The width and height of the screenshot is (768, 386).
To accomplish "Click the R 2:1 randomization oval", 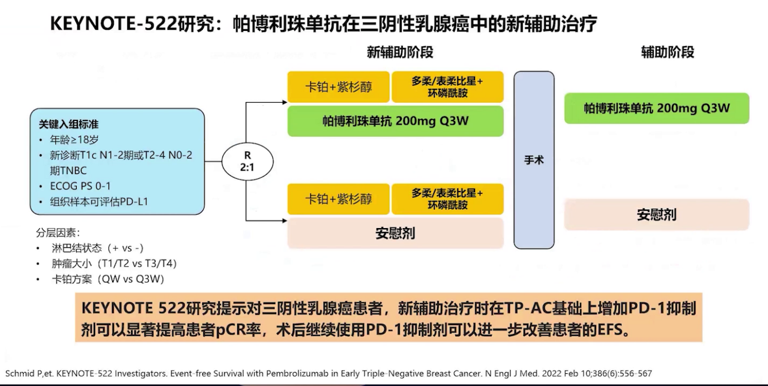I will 248,161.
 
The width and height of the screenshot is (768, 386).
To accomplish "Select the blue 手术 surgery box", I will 534,160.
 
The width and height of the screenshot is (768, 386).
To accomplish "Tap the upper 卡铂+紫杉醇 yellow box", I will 339,87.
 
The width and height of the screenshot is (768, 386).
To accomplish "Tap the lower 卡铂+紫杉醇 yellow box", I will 339,199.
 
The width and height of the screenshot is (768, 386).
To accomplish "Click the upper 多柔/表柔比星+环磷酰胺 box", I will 448,87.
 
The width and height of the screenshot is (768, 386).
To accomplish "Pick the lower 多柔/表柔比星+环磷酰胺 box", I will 448,199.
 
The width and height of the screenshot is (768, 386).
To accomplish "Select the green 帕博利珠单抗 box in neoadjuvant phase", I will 395,121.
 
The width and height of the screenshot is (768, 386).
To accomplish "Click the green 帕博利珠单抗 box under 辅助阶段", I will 656,108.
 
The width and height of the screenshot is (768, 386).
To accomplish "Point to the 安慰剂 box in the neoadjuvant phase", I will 395,233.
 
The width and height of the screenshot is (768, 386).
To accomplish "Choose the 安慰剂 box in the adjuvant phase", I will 656,214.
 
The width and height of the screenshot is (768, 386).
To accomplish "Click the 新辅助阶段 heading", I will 400,52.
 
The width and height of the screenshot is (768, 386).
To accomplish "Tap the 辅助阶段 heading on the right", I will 667,52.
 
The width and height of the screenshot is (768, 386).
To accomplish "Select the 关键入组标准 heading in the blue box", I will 69,125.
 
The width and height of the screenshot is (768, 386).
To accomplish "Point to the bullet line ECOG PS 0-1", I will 80,186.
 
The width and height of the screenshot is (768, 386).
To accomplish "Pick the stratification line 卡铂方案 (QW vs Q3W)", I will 108,279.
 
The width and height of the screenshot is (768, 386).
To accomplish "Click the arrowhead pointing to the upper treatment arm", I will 284,102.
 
